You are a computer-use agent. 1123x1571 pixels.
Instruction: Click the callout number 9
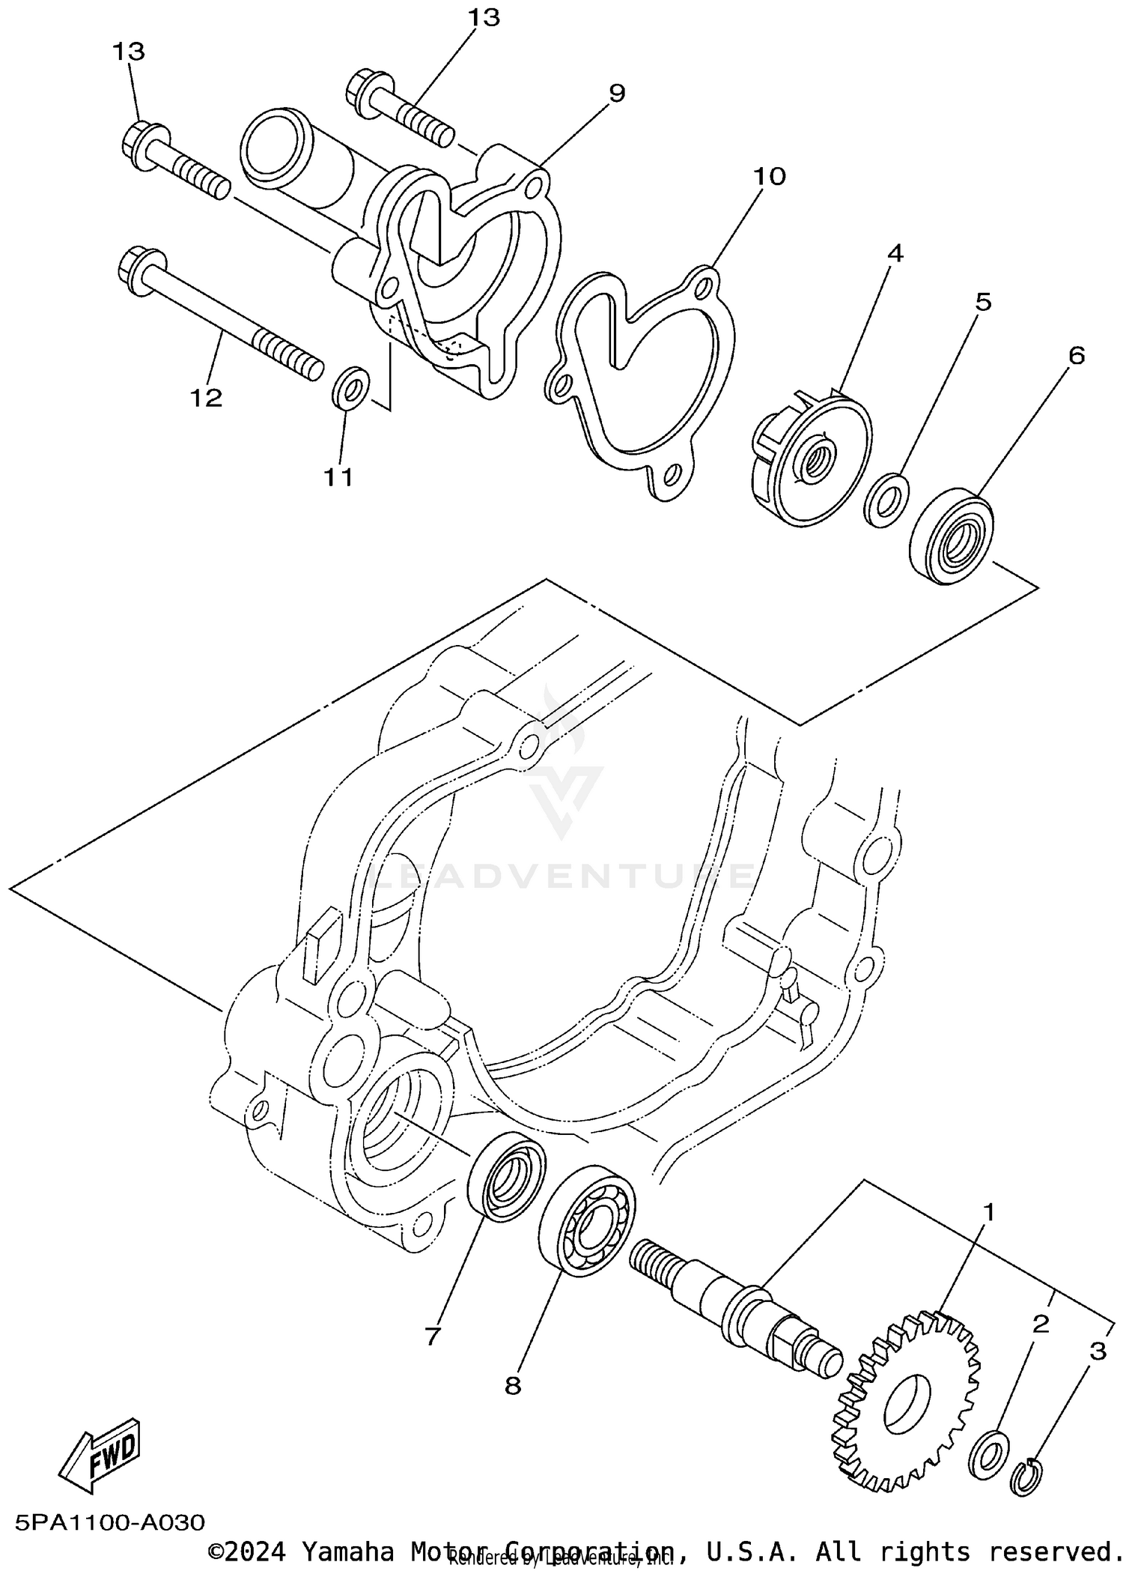click(x=616, y=94)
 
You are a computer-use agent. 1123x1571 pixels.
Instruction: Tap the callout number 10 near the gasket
click(x=769, y=177)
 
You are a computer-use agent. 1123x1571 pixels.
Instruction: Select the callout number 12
click(x=206, y=398)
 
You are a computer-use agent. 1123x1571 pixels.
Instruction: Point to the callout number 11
click(x=338, y=476)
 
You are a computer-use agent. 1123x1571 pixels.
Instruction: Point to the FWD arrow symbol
click(x=101, y=1455)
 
